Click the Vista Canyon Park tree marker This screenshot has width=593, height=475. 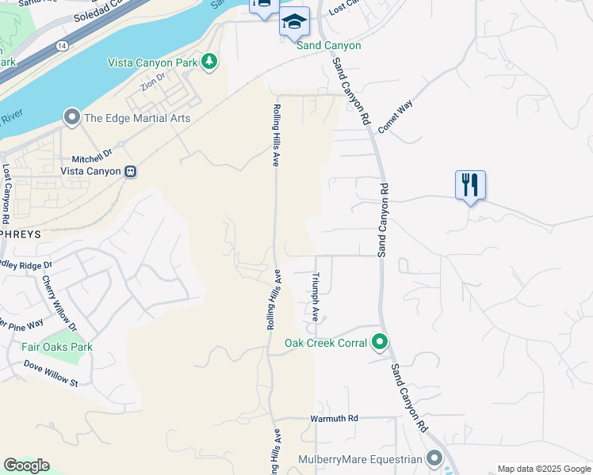(x=209, y=61)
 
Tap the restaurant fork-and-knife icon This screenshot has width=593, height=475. (x=470, y=185)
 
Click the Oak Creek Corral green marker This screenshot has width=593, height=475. (x=380, y=343)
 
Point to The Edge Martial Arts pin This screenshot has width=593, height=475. (x=72, y=118)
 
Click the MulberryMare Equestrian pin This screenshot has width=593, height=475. (x=434, y=458)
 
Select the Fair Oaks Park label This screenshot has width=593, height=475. (x=57, y=347)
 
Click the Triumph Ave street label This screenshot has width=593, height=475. (x=316, y=296)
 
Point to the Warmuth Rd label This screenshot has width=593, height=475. (x=334, y=417)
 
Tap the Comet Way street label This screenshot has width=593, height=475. (x=396, y=116)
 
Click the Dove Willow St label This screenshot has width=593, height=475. (x=51, y=373)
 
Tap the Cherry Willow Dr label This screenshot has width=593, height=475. (x=59, y=304)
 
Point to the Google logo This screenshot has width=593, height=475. (x=26, y=465)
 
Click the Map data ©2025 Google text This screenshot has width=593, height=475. (x=543, y=469)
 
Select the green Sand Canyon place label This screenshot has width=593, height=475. (x=328, y=45)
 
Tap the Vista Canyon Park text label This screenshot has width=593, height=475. (x=153, y=61)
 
